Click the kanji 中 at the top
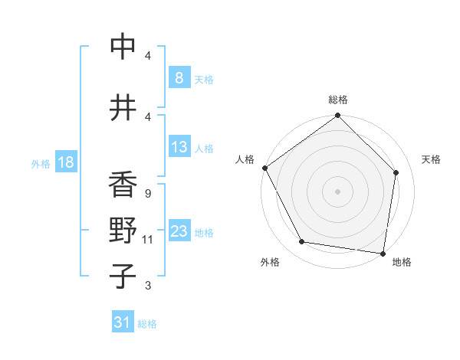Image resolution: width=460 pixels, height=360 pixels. pos(123,47)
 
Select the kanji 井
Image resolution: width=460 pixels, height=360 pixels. pos(123,107)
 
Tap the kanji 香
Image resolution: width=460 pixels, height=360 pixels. pos(123,185)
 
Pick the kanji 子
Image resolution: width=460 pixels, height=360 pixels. pos(123,277)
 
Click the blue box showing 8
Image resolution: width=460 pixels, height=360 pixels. pos(179,78)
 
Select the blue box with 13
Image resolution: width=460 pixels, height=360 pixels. pos(179,147)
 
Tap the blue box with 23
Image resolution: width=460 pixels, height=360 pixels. pos(179,231)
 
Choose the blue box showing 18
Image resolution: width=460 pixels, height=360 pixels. pos(65,162)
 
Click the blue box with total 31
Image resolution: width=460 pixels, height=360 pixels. pos(123,322)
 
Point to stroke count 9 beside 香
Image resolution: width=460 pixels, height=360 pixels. pos(147,194)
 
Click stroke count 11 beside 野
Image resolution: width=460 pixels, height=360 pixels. pos(147,240)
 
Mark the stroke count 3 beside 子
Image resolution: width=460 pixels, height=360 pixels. pos(147,286)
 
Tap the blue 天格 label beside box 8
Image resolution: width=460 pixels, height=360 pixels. pos(204,79)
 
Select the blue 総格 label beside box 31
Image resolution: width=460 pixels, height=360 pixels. pos(147,324)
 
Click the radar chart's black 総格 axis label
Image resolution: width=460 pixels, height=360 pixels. pos(338,100)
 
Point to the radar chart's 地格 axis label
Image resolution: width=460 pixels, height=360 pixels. pos(402,262)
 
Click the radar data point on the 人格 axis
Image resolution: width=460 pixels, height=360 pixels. pos(264,168)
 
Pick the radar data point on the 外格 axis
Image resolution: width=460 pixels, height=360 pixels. pos(302,242)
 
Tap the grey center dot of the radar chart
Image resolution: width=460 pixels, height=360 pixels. pos(338,191)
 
